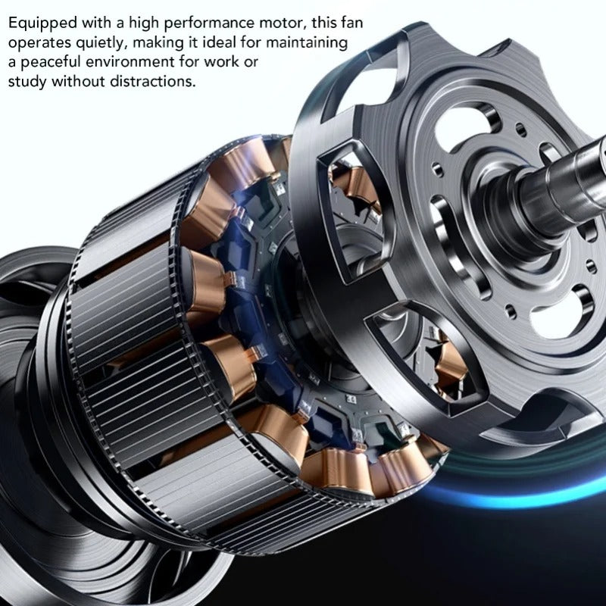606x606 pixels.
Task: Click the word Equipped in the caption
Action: click(42, 23)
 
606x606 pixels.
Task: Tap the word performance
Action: click(209, 23)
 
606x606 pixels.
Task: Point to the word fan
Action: click(351, 23)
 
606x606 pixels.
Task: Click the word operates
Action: click(40, 43)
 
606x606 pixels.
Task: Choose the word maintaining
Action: click(307, 43)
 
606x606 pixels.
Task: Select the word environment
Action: click(130, 62)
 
